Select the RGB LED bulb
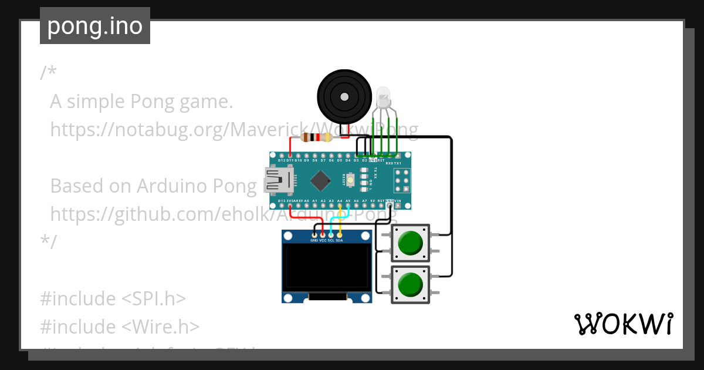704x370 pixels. (383, 96)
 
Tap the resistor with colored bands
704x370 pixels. (316, 137)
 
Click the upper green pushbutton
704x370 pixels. (410, 243)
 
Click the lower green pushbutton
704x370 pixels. (410, 285)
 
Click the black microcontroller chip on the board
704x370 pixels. (320, 180)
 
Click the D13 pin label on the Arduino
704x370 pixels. (282, 201)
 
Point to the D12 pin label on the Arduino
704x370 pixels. (282, 160)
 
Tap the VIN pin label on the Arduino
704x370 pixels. (398, 201)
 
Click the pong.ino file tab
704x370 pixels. (95, 26)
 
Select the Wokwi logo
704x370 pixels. (623, 324)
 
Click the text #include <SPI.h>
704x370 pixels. (113, 298)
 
